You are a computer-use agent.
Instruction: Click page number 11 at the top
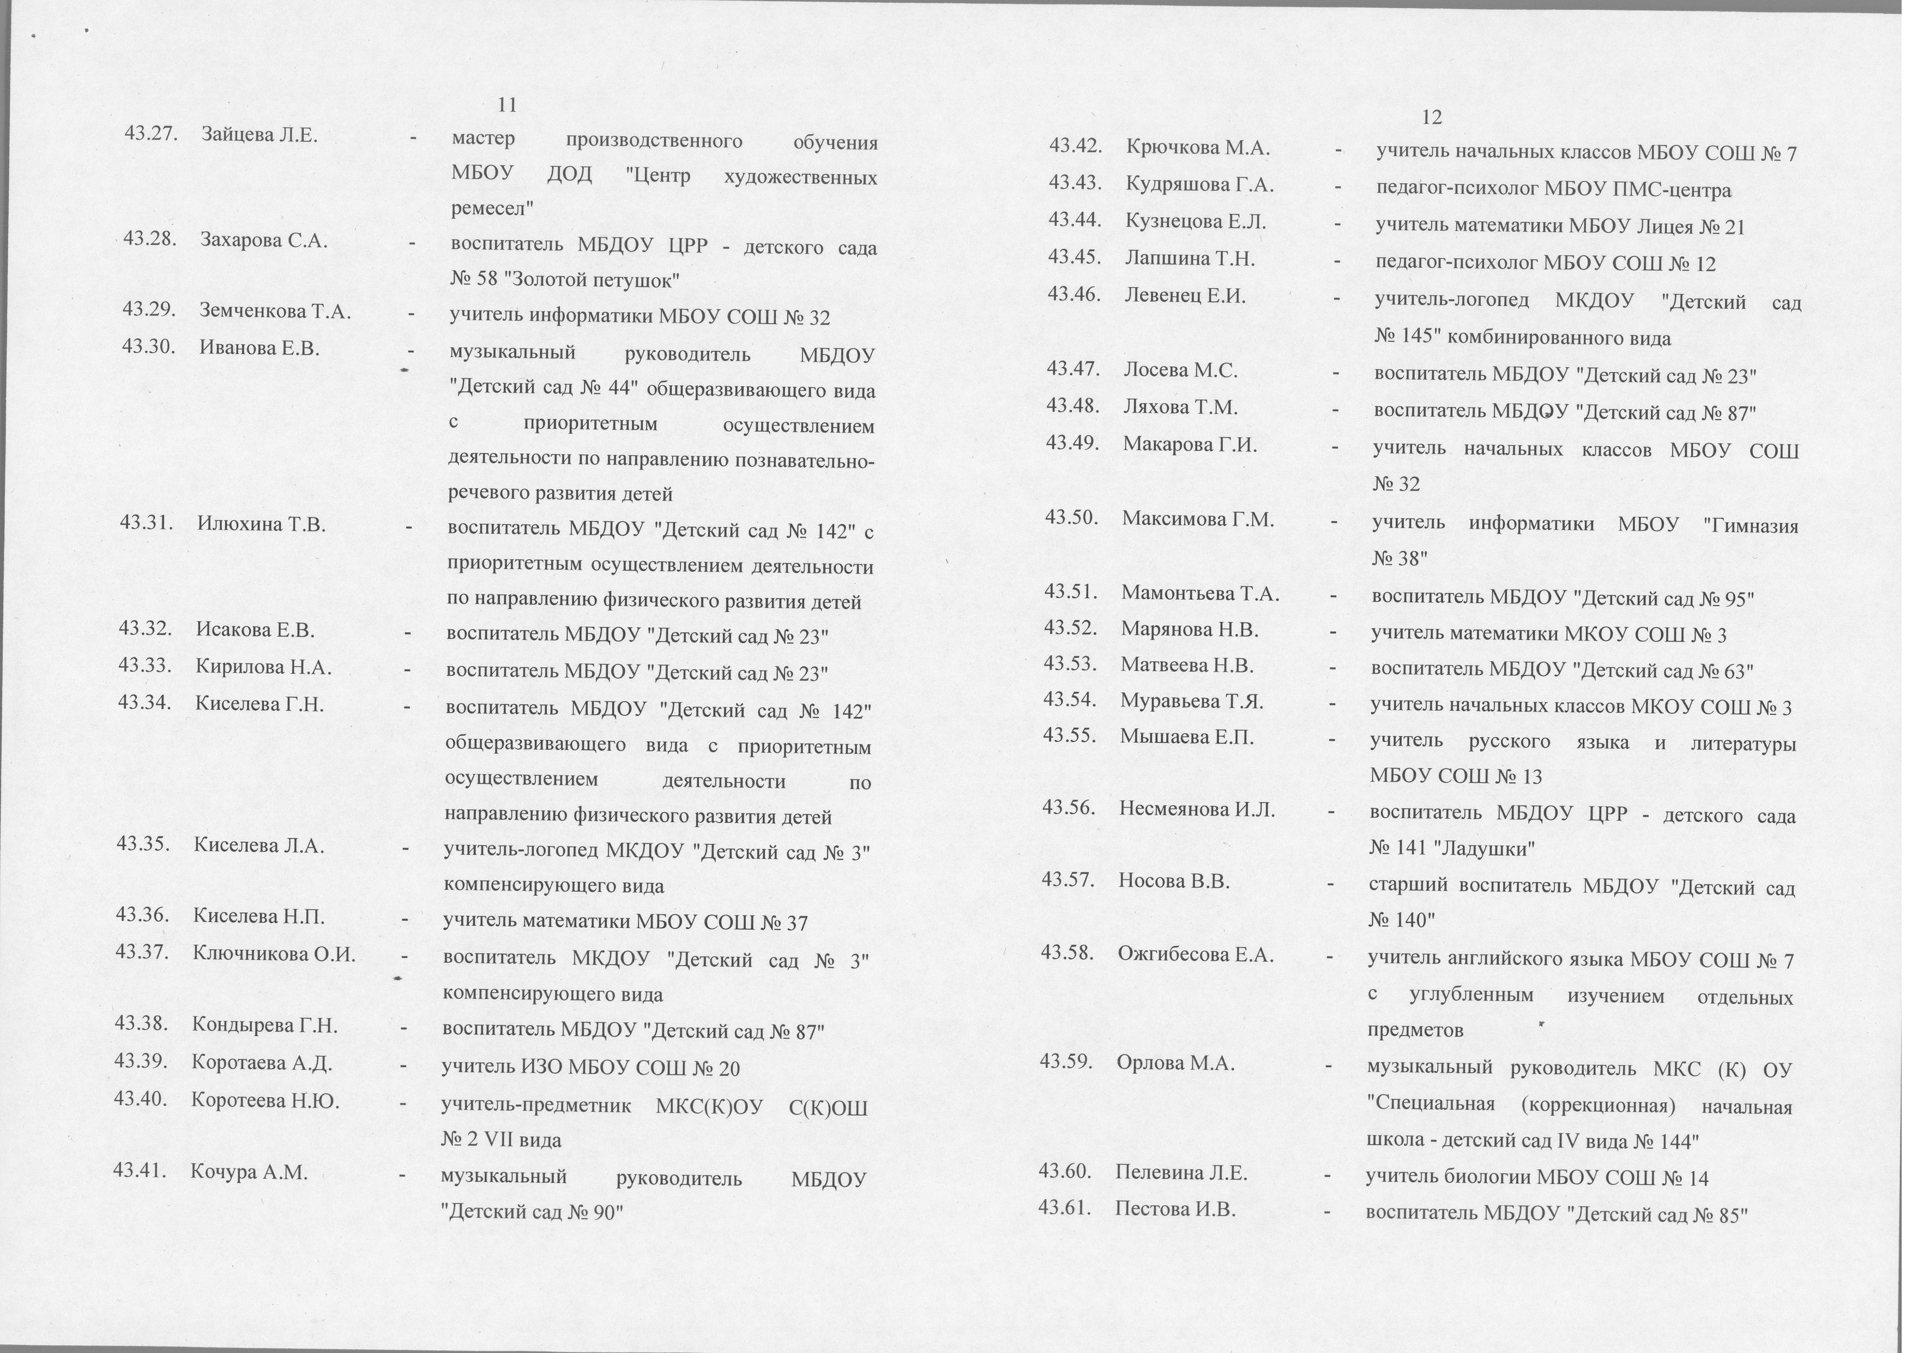(x=507, y=105)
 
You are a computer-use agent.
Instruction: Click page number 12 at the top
(x=1432, y=117)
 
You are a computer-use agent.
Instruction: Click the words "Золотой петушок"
(x=595, y=280)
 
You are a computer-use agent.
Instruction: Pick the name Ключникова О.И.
(x=274, y=954)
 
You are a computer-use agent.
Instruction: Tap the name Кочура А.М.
(x=249, y=1172)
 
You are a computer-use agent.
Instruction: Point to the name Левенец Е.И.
(x=1185, y=296)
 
